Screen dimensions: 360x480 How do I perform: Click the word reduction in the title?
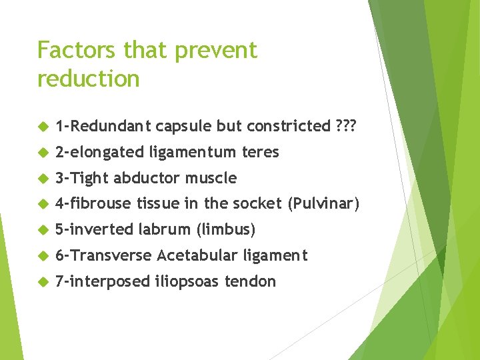[x=88, y=79]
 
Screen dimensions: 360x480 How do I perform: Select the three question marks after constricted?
[x=345, y=126]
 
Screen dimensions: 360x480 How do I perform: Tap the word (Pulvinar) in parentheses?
[x=323, y=204]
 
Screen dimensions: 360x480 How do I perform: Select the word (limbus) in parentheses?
[x=225, y=230]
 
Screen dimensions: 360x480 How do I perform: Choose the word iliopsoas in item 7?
[x=187, y=281]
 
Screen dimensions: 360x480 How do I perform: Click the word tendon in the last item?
[x=250, y=281]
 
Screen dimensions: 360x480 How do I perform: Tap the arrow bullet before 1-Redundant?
[x=43, y=126]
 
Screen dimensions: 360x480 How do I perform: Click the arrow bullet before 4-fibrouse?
[x=43, y=204]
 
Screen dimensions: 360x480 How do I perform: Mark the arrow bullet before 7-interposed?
[x=43, y=281]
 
